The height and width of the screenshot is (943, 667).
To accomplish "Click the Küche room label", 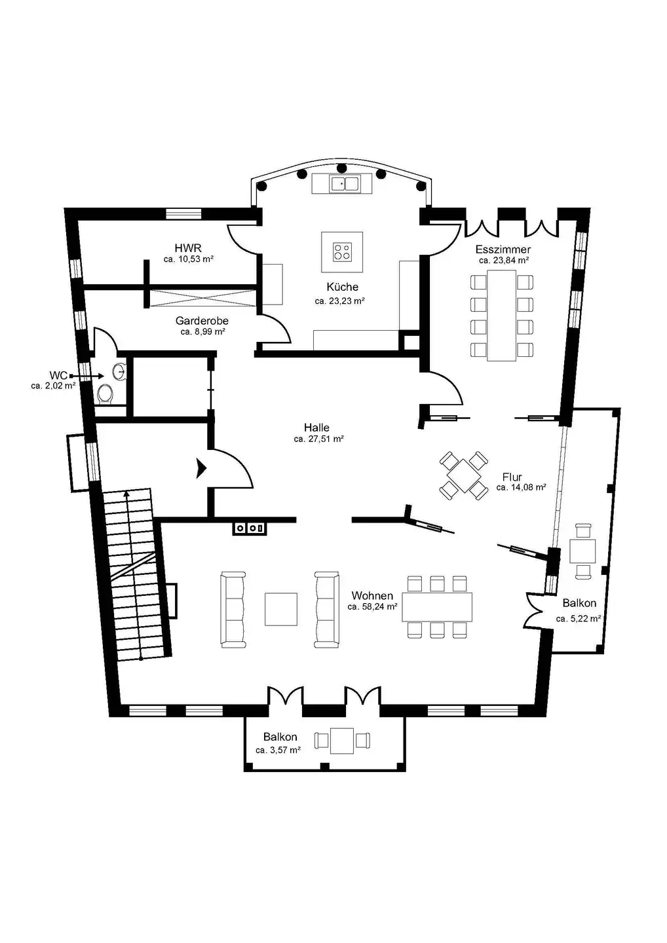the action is [342, 287].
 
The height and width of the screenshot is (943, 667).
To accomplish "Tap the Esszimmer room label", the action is [503, 250].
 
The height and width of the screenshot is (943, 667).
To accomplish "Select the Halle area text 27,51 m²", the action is [319, 439].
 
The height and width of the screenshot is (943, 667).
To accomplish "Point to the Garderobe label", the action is [202, 321].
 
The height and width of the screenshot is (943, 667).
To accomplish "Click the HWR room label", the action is [188, 248].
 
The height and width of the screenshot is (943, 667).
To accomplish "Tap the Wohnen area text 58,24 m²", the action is [373, 606].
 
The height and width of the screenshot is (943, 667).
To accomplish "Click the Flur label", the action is [512, 477].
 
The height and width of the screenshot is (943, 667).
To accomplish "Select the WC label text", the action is [58, 375].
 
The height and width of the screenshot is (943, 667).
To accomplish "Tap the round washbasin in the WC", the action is [119, 371].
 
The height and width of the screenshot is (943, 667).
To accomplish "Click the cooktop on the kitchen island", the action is [341, 251].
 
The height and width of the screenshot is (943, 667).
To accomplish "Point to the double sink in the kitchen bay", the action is [345, 184].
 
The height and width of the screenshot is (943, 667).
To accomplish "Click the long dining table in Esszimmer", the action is [501, 316].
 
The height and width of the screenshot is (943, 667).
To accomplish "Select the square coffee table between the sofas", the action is [281, 609].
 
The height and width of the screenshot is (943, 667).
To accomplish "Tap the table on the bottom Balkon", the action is [342, 741].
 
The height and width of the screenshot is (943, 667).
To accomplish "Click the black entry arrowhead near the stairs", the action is [201, 469].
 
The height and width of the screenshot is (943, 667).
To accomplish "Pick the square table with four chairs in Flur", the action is [464, 475].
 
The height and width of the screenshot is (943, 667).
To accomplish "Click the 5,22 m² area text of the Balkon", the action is [578, 619].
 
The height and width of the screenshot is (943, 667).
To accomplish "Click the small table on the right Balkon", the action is [582, 551].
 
